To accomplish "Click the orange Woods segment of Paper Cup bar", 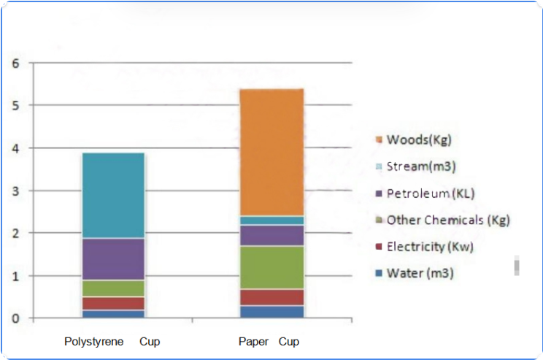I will click(x=271, y=152).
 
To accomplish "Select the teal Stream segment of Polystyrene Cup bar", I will click(x=113, y=196).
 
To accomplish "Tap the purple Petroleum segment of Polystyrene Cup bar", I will click(x=113, y=259).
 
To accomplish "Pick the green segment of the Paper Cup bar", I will click(x=271, y=267).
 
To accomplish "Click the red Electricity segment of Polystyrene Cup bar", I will click(x=113, y=303).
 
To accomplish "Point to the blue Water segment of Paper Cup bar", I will click(x=271, y=312).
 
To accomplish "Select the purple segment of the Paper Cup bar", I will click(x=271, y=235).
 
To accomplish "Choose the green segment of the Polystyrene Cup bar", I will click(x=113, y=288).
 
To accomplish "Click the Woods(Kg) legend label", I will click(x=414, y=139).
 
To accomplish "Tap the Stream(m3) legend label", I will click(x=421, y=166).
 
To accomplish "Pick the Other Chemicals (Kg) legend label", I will click(x=447, y=220).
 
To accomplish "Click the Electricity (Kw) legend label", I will click(x=430, y=247).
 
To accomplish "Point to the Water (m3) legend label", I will click(x=418, y=274).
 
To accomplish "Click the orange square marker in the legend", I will click(x=378, y=140).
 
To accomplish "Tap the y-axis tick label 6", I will click(x=15, y=63).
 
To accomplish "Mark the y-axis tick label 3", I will click(x=15, y=191).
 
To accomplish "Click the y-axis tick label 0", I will click(x=15, y=318).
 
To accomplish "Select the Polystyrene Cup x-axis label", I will click(x=112, y=342).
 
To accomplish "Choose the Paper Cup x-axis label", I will click(x=269, y=342).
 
